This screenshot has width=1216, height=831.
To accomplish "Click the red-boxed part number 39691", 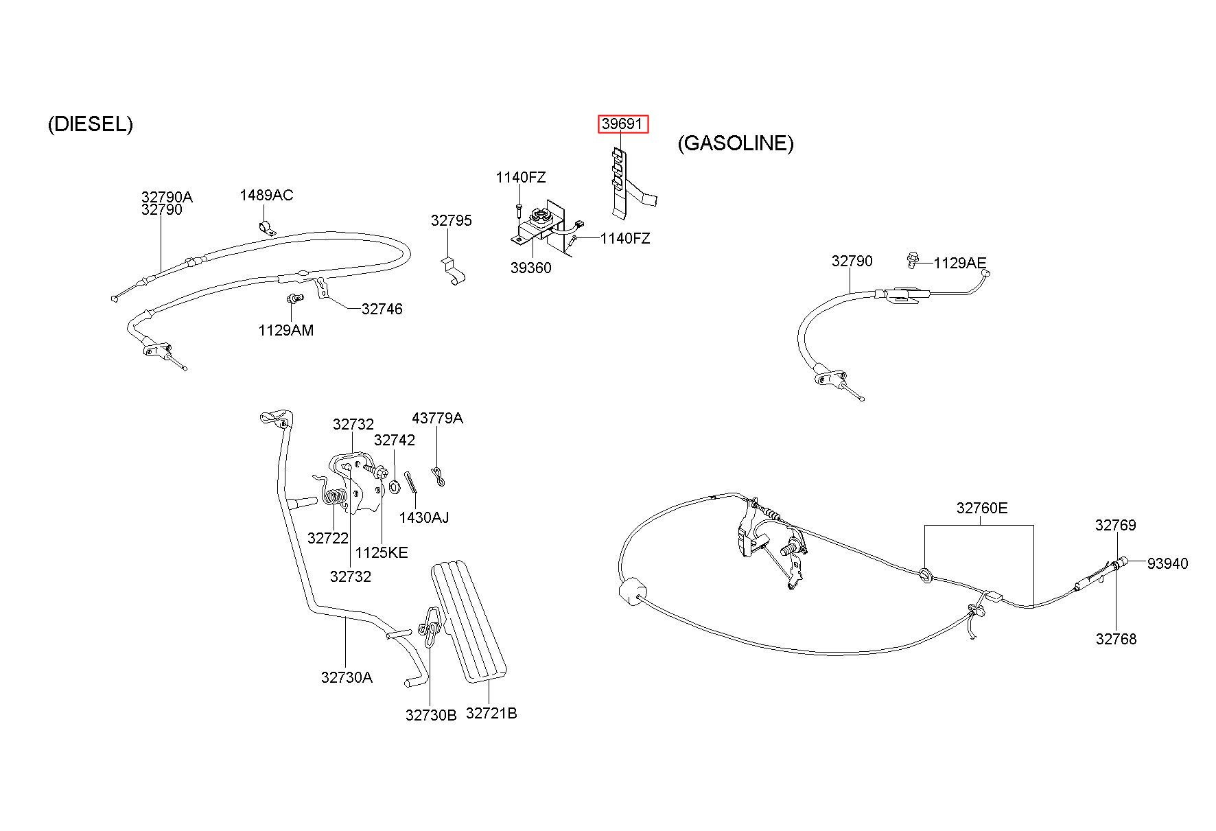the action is pos(622,124).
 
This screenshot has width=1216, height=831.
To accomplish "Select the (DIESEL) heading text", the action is pos(91,124).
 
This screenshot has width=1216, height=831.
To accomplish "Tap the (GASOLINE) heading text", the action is pos(736,143).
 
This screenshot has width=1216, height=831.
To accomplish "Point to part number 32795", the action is pos(452,221).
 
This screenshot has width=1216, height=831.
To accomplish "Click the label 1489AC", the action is pos(266,196).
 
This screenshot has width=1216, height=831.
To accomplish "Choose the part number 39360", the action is pos(530,268).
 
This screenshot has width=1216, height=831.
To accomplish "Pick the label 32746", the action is pos(382,309).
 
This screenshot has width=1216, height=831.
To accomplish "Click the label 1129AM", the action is pos(285,331).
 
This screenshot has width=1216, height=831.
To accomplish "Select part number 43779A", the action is pos(437,419).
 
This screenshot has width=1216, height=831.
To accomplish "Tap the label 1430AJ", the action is pos(424,517).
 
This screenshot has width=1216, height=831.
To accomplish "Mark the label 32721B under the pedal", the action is pos(491,714).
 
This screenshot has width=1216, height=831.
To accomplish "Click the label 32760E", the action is pos(982,508).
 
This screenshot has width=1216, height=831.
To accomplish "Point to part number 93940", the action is pos(1167,564).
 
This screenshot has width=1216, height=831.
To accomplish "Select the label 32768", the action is pos(1116,640).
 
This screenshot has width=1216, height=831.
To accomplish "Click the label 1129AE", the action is pos(960,263).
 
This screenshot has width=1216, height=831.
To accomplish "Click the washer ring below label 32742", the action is pos(395,487).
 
